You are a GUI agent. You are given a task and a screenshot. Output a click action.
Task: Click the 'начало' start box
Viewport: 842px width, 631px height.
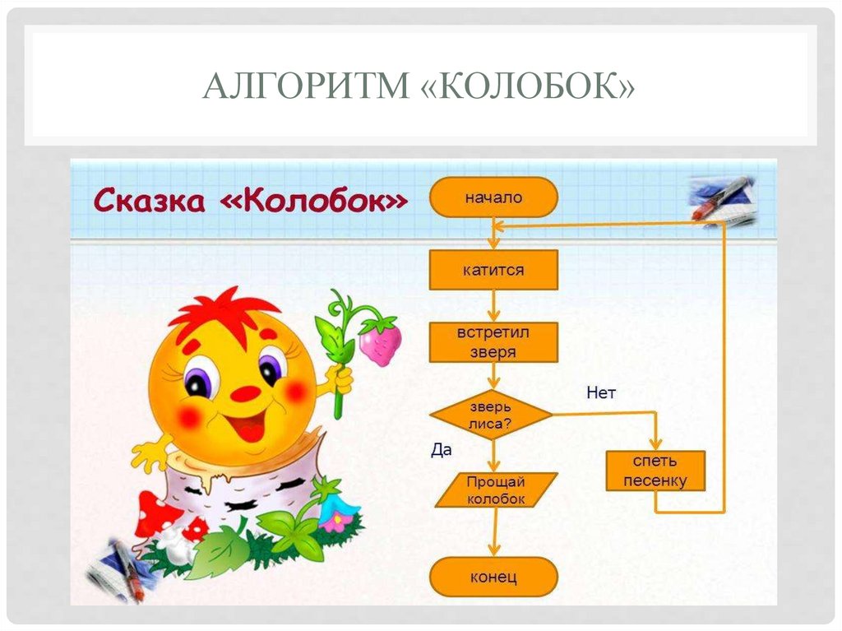tap(493, 197)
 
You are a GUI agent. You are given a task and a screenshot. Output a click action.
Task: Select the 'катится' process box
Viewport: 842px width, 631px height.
tap(493, 270)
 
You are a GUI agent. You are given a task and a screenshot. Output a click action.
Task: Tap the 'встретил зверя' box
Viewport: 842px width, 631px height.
tap(493, 342)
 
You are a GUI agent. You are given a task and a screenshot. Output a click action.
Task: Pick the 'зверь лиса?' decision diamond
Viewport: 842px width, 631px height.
tap(492, 415)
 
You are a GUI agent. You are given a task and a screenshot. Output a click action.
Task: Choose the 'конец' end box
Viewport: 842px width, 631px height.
tap(493, 577)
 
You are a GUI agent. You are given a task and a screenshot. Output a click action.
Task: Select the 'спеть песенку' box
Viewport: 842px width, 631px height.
tap(655, 471)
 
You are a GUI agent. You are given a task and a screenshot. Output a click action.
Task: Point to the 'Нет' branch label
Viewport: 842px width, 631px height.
tap(600, 393)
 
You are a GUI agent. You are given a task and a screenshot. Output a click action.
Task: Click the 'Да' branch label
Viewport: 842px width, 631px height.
tap(442, 450)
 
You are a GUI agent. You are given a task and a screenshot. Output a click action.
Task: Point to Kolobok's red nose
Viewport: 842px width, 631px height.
tap(245, 393)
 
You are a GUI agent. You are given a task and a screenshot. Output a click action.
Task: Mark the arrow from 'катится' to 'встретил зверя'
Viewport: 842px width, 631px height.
tap(493, 306)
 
